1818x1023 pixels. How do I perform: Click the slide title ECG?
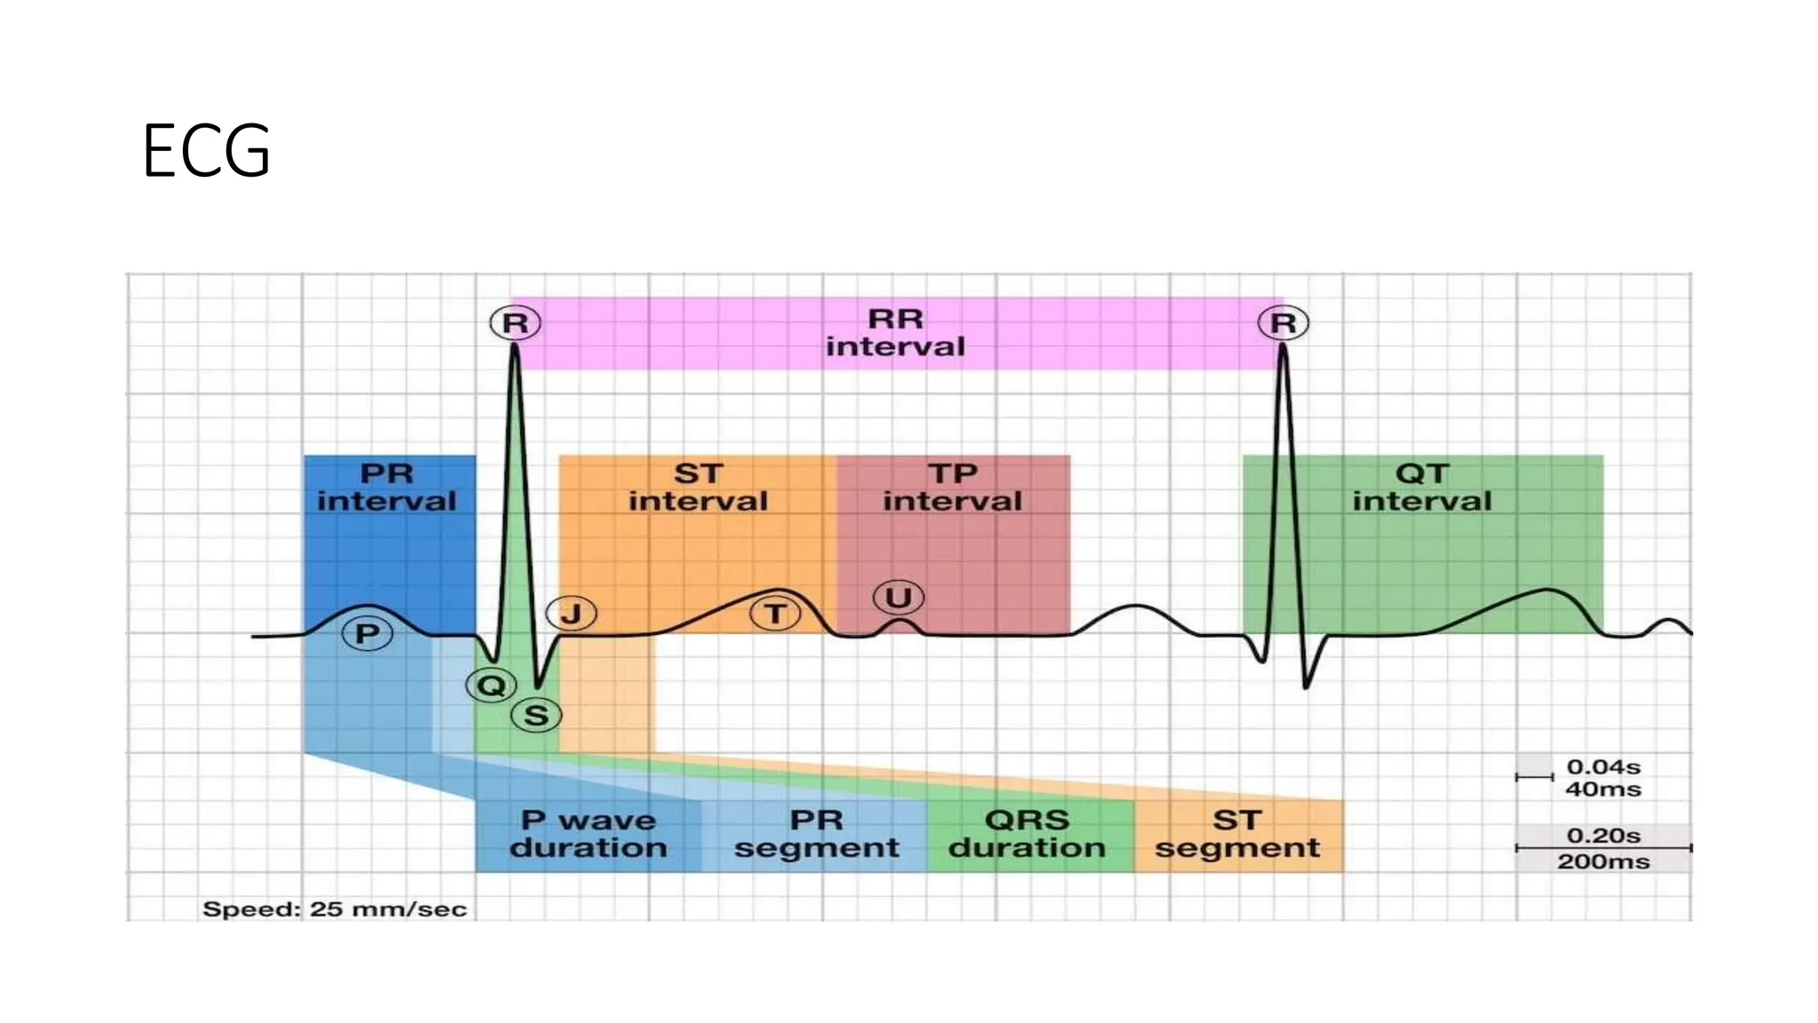pyautogui.click(x=206, y=152)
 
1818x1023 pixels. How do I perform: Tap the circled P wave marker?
pyautogui.click(x=367, y=634)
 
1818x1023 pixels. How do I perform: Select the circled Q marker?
pyautogui.click(x=491, y=685)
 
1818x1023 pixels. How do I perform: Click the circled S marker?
pyautogui.click(x=536, y=716)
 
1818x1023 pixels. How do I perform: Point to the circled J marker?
pyautogui.click(x=571, y=614)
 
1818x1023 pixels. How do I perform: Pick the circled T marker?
pyautogui.click(x=775, y=614)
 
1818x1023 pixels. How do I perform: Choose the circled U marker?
pyautogui.click(x=898, y=598)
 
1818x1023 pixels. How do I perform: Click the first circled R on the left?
pyautogui.click(x=515, y=323)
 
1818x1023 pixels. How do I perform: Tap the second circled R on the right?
pyautogui.click(x=1283, y=323)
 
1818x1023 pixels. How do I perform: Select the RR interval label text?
pyautogui.click(x=895, y=333)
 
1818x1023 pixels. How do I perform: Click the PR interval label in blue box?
pyautogui.click(x=387, y=488)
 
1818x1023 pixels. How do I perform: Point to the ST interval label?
pyautogui.click(x=698, y=488)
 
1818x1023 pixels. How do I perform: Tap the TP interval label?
pyautogui.click(x=952, y=488)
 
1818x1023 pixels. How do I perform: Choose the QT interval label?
pyautogui.click(x=1422, y=488)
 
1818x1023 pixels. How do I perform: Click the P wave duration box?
pyautogui.click(x=588, y=834)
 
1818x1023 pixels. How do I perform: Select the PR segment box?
pyautogui.click(x=817, y=834)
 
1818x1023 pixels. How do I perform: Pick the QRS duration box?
pyautogui.click(x=1027, y=834)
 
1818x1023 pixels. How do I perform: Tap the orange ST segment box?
pyautogui.click(x=1237, y=834)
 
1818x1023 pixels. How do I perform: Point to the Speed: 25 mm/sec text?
pyautogui.click(x=335, y=909)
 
